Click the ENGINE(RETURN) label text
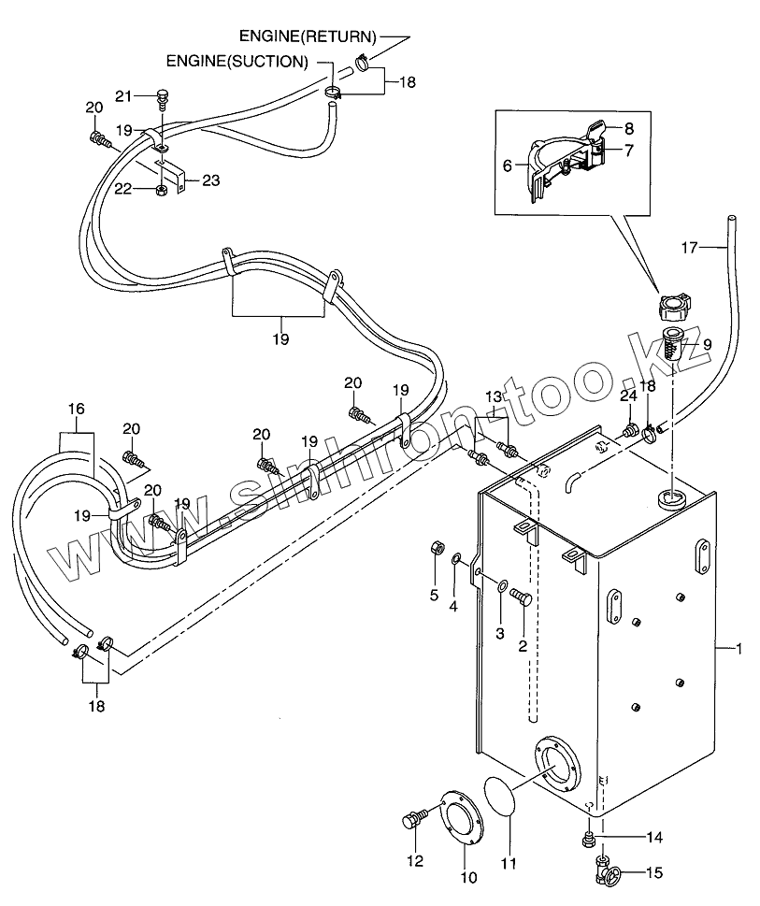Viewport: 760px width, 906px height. point(307,37)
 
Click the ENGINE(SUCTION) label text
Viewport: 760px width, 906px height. point(237,62)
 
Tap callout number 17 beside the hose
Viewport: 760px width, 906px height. point(689,248)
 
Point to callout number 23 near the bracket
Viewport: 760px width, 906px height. point(211,180)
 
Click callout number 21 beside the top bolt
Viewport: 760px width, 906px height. point(124,95)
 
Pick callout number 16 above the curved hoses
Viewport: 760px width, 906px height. point(77,409)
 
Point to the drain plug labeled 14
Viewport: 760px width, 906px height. point(589,837)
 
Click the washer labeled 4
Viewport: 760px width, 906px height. point(457,559)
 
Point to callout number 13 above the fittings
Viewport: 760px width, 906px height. point(493,396)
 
